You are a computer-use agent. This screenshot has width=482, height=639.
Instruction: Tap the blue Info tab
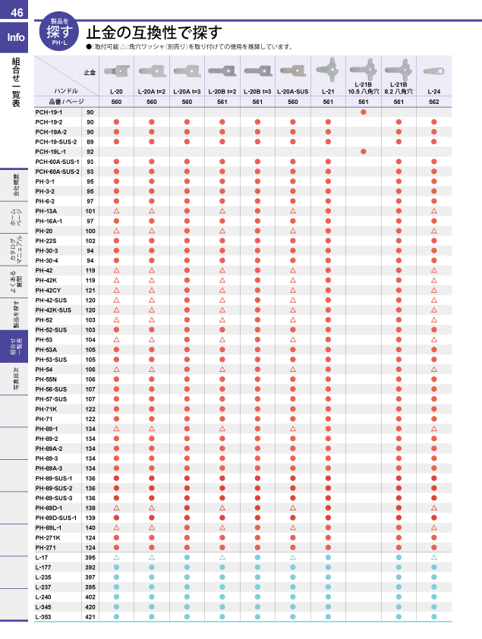coord(15,38)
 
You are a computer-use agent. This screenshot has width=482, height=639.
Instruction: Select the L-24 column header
coord(434,91)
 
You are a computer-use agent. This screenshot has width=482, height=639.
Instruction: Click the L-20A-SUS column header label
coord(292,91)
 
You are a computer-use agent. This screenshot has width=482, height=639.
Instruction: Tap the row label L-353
coord(44,616)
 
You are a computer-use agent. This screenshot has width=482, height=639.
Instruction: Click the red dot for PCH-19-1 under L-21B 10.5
coord(364,112)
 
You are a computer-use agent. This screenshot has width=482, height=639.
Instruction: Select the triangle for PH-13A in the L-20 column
coord(117,211)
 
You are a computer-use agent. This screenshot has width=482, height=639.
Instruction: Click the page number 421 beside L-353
coord(90,616)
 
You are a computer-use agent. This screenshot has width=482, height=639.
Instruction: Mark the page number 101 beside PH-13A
coord(90,211)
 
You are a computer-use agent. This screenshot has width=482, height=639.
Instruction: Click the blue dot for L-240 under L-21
coord(328,597)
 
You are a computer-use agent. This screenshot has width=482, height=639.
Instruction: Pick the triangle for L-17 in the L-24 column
coord(434,557)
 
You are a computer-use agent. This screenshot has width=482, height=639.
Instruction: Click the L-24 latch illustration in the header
coord(434,70)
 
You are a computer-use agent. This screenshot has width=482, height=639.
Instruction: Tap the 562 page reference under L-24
coord(434,101)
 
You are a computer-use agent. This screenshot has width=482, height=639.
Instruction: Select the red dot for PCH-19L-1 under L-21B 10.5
coord(364,152)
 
